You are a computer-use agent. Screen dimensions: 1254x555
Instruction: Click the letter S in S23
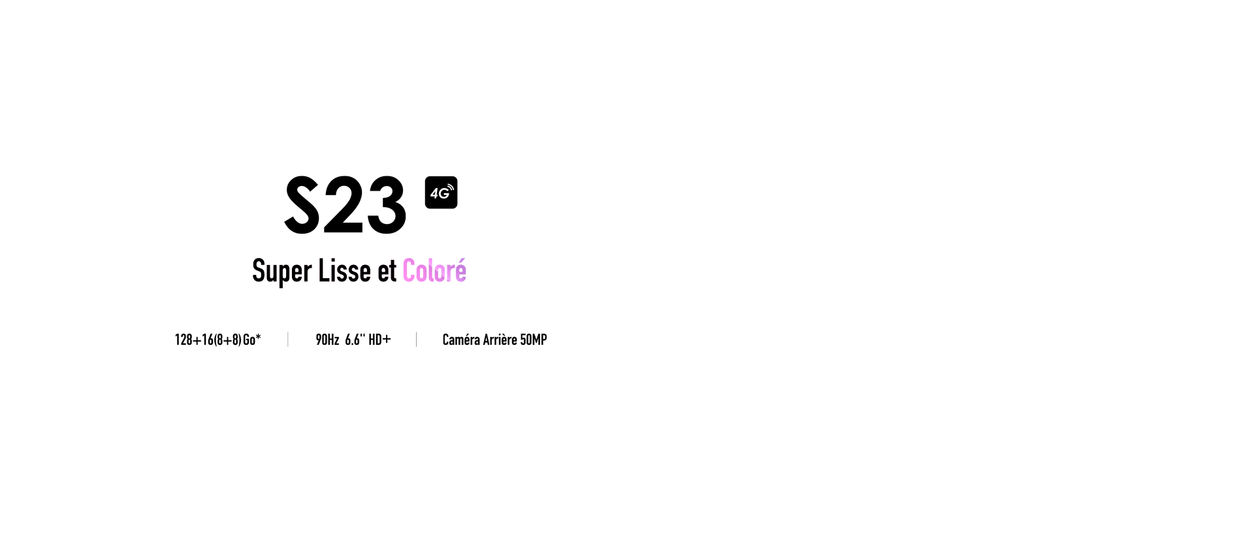[302, 205]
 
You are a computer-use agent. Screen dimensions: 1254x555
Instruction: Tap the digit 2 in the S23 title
[343, 205]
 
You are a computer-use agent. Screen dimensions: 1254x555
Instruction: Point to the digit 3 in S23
[386, 205]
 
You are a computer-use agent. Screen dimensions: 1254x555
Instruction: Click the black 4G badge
[441, 193]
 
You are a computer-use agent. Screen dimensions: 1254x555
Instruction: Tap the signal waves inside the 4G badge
[449, 189]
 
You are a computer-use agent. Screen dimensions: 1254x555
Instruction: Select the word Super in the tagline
[281, 272]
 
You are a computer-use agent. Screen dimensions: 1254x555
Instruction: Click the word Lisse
[344, 271]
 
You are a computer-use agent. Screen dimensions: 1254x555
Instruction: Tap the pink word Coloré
[434, 271]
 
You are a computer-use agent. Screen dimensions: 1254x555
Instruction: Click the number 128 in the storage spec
[184, 340]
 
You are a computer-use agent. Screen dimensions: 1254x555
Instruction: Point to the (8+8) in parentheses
[228, 340]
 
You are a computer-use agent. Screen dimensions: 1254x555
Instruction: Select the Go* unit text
[252, 340]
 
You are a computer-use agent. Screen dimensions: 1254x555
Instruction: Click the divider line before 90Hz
[288, 340]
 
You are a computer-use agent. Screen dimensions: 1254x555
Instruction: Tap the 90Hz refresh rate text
[327, 340]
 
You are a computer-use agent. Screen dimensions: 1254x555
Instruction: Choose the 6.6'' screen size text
[355, 340]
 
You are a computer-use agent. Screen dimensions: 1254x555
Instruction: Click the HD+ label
[379, 340]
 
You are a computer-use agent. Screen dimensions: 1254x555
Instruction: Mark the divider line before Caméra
[416, 340]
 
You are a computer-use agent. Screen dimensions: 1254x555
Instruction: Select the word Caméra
[461, 340]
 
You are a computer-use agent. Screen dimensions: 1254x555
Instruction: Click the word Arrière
[500, 340]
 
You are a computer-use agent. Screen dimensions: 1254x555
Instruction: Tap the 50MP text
[534, 340]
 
